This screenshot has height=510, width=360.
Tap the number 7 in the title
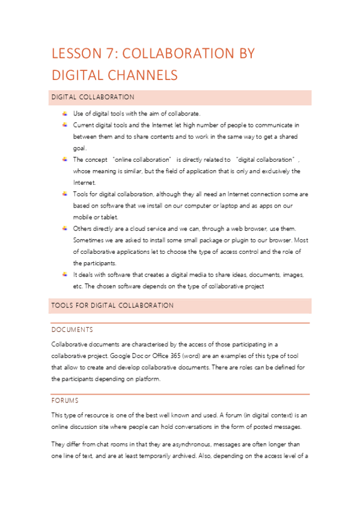point(115,54)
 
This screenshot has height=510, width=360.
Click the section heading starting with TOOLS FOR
point(112,306)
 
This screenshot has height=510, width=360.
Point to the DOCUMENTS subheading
point(72,330)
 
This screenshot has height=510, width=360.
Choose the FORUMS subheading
point(65,400)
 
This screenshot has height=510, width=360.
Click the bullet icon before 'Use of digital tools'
point(64,113)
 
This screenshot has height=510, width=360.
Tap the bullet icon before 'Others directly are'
point(64,228)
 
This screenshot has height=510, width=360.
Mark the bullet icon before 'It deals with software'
point(64,274)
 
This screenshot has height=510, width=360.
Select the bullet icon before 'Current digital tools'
point(64,124)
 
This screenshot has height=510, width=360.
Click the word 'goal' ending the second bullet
point(79,148)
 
